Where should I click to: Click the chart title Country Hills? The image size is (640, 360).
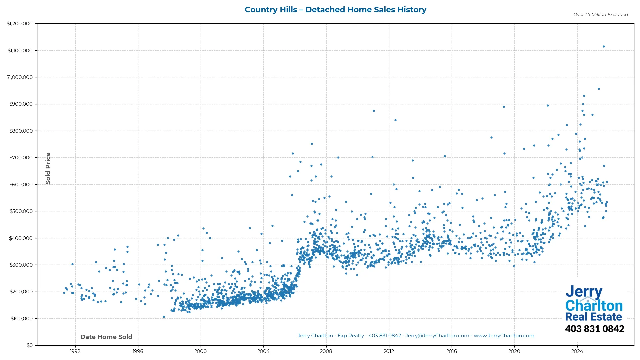coord(335,10)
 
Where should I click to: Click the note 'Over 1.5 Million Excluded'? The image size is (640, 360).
coord(600,15)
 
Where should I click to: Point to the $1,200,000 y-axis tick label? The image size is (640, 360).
coord(20,24)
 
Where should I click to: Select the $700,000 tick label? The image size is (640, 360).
coord(21,158)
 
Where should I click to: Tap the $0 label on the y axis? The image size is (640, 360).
coord(30,345)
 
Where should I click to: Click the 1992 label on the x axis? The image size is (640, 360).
coord(75,351)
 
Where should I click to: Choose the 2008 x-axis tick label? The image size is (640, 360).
coord(326,351)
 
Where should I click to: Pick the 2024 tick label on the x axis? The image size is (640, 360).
coord(577,351)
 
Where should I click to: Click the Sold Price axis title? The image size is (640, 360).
coord(48,168)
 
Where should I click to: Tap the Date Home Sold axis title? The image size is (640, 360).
coord(106,337)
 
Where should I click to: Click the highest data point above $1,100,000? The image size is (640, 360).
coord(604,47)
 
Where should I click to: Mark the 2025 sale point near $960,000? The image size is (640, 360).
coord(599,89)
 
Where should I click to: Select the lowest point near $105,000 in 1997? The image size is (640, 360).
coord(164,317)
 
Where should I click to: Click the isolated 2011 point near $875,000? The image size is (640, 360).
coord(374,111)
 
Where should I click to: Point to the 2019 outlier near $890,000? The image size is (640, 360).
coord(504,107)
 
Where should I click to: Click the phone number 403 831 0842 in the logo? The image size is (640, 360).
coord(594,329)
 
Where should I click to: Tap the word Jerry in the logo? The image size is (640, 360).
coord(584,292)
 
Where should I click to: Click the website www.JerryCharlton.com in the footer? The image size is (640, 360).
coord(504,336)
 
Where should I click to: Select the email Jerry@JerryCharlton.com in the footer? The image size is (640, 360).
coord(437,336)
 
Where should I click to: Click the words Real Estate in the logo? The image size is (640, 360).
coord(593,317)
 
